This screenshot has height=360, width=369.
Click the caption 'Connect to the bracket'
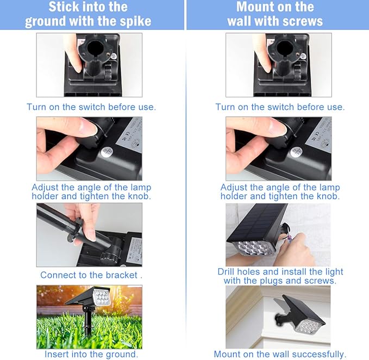click(91, 275)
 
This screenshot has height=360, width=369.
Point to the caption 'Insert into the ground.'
click(91, 354)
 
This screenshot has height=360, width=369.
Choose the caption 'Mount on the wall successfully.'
click(280, 354)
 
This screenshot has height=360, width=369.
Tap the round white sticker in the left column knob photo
click(108, 153)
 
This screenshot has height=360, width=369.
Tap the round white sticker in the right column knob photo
click(296, 152)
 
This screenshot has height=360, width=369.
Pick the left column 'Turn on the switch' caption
click(91, 107)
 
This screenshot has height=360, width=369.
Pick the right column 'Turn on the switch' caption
click(280, 107)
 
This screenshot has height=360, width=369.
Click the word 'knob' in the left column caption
click(139, 196)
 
